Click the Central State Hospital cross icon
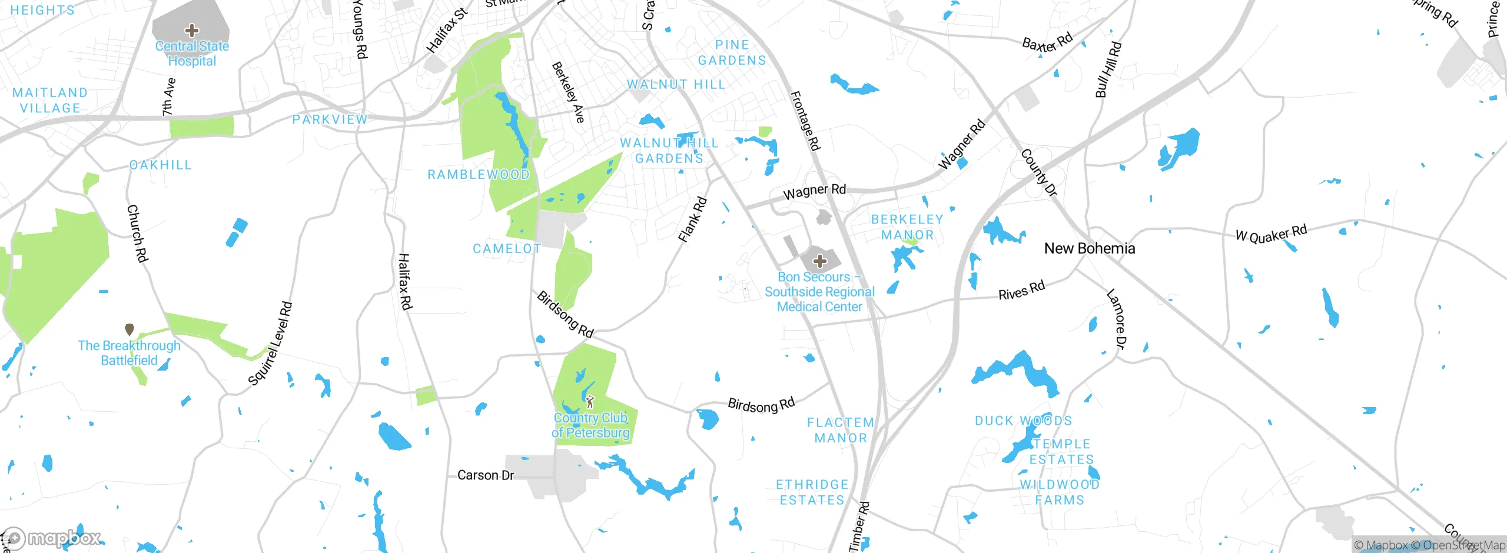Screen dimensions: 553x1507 (191, 31)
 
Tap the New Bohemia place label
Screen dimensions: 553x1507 (1089, 249)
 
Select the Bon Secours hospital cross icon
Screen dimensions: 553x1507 (820, 261)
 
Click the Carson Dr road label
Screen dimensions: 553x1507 (486, 475)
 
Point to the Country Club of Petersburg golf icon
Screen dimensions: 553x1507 (590, 402)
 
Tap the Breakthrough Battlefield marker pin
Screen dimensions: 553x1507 (130, 329)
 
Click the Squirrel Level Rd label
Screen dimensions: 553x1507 (270, 344)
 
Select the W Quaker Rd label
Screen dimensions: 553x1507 (1271, 234)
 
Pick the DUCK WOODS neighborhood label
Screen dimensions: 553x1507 (1023, 421)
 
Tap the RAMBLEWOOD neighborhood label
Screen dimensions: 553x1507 (478, 175)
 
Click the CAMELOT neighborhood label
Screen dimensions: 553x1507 (507, 249)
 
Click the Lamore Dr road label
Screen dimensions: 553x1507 (1116, 318)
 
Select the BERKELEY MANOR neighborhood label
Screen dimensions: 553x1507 (907, 227)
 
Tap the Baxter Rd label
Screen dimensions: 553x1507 (1047, 43)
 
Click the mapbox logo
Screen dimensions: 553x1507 (52, 538)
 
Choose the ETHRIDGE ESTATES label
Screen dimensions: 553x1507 (812, 492)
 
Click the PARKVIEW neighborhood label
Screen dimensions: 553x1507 (330, 120)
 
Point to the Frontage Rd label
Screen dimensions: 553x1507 (805, 121)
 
